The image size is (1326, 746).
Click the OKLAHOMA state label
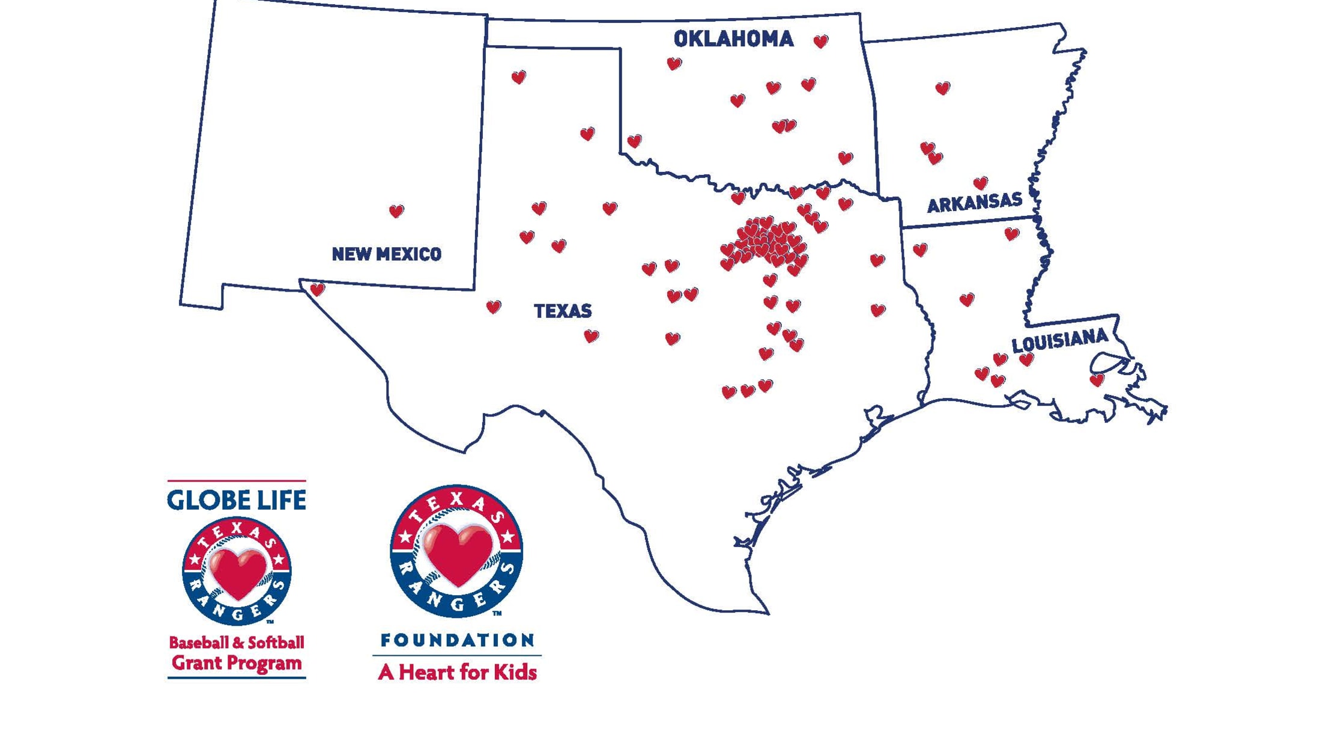pyautogui.click(x=733, y=39)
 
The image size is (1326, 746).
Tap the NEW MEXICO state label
pyautogui.click(x=386, y=254)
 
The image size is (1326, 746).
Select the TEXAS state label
pyautogui.click(x=563, y=311)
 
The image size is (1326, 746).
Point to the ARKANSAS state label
pyautogui.click(x=974, y=203)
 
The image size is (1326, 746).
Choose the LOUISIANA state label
pyautogui.click(x=1059, y=340)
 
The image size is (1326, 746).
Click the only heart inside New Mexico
pyautogui.click(x=396, y=211)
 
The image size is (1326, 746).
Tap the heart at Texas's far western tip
pyautogui.click(x=317, y=290)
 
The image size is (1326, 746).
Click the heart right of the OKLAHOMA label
pyautogui.click(x=821, y=41)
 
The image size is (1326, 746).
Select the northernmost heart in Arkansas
pyautogui.click(x=943, y=88)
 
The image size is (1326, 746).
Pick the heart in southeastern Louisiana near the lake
pyautogui.click(x=1097, y=380)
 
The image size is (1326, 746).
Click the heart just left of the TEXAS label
pyautogui.click(x=494, y=307)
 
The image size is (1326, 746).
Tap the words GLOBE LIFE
pyautogui.click(x=237, y=500)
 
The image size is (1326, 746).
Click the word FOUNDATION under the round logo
pyautogui.click(x=458, y=640)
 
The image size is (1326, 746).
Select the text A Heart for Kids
pyautogui.click(x=458, y=672)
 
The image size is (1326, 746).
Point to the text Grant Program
pyautogui.click(x=237, y=663)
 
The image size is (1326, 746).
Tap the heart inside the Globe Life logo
pyautogui.click(x=237, y=571)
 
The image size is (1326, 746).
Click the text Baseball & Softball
pyautogui.click(x=237, y=643)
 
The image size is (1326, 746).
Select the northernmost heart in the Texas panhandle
pyautogui.click(x=519, y=77)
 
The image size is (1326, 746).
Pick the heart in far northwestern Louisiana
pyautogui.click(x=920, y=249)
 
